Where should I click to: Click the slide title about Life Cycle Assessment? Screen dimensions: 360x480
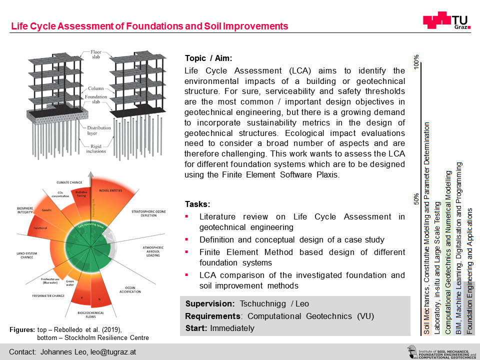[x=149, y=26]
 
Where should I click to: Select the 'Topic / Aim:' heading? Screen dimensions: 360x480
[x=208, y=58]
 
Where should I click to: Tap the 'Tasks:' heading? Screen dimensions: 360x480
[x=197, y=204]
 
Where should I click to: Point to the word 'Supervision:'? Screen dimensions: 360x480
[x=210, y=304]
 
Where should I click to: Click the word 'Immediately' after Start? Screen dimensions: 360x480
[x=232, y=328]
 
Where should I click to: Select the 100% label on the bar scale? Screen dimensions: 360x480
[x=416, y=62]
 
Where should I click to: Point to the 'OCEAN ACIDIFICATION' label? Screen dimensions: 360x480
[x=144, y=290]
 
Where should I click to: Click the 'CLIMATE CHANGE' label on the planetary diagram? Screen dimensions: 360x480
[x=70, y=182]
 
